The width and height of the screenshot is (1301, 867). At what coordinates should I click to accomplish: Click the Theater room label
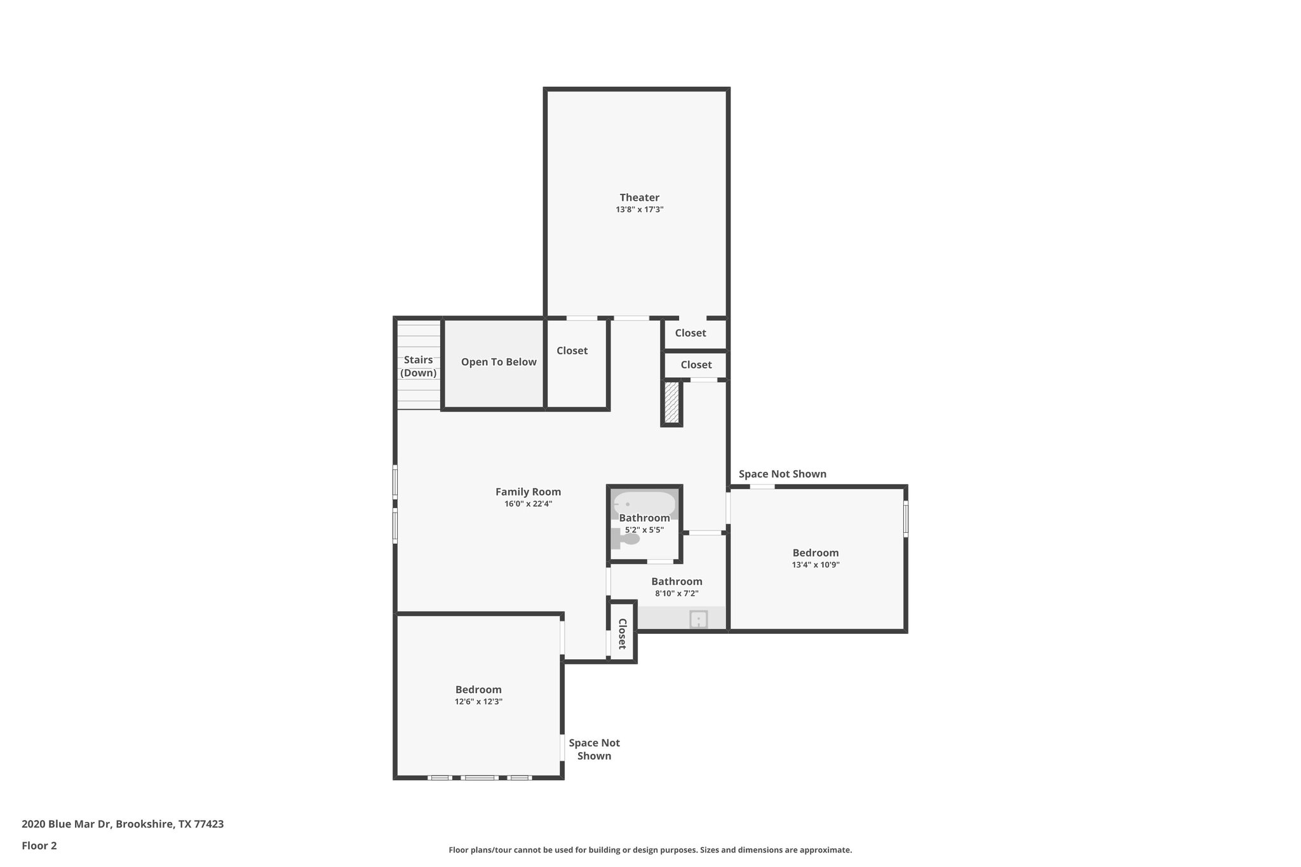[639, 198]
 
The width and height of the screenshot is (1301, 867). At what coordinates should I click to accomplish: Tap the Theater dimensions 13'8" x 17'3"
[639, 210]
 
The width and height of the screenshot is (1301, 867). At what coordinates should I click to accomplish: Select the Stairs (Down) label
[418, 366]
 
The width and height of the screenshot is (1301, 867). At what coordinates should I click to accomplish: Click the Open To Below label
[499, 362]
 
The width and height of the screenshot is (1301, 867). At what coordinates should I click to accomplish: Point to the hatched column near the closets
[671, 403]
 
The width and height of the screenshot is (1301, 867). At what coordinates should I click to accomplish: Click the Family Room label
[528, 492]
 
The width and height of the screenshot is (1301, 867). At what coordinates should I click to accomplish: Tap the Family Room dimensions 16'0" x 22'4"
[528, 504]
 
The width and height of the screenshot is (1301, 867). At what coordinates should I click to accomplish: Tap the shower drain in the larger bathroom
[698, 619]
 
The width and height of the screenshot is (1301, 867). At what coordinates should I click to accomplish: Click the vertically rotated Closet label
[623, 633]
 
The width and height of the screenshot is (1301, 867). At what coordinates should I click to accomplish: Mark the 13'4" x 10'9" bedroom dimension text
[816, 565]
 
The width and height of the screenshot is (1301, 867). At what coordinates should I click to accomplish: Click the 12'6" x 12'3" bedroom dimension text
[478, 702]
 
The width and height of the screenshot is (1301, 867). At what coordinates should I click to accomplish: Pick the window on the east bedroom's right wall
[905, 518]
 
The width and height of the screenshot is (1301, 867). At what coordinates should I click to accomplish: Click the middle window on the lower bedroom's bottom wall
[479, 777]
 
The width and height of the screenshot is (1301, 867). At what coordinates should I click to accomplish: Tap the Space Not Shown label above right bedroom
[782, 474]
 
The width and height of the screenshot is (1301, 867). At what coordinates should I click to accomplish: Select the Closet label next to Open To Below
[572, 351]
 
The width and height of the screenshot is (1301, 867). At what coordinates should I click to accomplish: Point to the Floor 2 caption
[39, 845]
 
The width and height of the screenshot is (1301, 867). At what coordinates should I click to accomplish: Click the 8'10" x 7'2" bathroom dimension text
[677, 594]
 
